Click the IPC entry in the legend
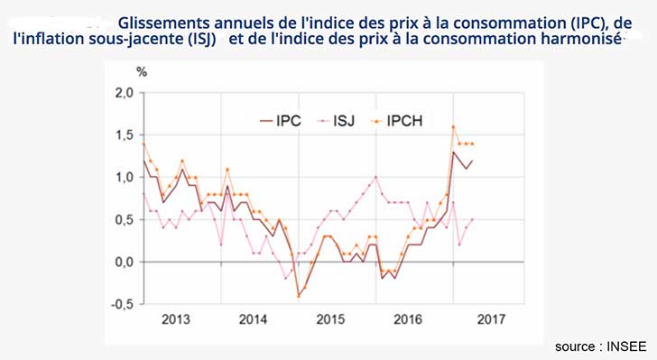click(x=288, y=120)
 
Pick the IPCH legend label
click(x=412, y=120)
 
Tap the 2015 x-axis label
click(x=332, y=319)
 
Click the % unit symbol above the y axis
click(x=141, y=70)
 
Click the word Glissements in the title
click(x=164, y=21)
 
